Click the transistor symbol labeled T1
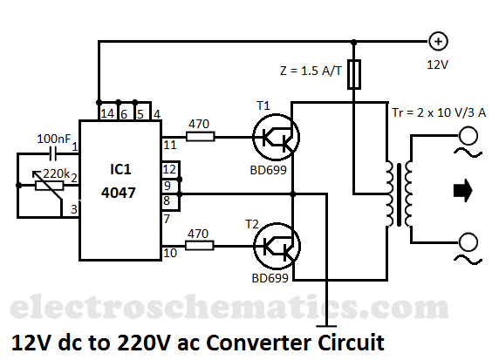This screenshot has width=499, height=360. pos(276,137)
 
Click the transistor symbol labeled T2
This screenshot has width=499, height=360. pos(277,246)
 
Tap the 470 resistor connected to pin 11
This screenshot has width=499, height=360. pos(200,137)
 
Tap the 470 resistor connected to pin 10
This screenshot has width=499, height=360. pos(199,246)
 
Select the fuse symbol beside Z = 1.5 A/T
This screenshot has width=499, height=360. pos(353,74)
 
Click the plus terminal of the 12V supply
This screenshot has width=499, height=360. pos(438,41)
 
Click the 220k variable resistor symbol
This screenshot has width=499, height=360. pos(49,185)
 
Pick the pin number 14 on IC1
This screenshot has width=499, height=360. pos(107,113)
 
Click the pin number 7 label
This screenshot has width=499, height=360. pos(167,219)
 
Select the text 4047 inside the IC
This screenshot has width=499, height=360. pos(119,193)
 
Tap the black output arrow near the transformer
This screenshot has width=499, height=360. pos(463,191)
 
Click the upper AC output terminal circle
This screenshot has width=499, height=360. pos(468,136)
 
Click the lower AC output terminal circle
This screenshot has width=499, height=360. pos(468,242)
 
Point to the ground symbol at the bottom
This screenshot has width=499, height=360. pos(326,326)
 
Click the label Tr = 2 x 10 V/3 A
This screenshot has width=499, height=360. pos(439,112)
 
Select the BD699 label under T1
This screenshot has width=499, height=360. pos(269,170)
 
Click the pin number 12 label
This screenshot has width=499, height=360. pos(169,169)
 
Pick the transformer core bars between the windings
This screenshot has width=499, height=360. pos(399,194)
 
